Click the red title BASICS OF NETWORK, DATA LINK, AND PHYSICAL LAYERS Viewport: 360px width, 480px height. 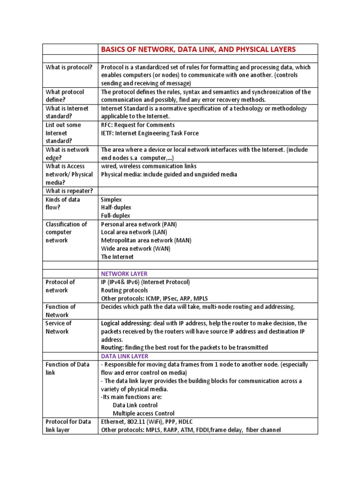click(x=198, y=49)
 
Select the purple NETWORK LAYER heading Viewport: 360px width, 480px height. click(x=124, y=274)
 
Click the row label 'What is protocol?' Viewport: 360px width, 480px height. click(x=67, y=67)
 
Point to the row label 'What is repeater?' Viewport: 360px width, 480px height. click(x=69, y=191)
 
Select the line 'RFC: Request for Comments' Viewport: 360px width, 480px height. click(x=138, y=125)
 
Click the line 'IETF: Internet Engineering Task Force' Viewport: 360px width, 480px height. click(x=150, y=133)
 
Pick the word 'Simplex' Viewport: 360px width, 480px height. click(x=111, y=200)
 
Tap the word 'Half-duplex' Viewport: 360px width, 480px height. click(x=116, y=208)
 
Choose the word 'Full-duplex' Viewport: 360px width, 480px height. click(x=116, y=216)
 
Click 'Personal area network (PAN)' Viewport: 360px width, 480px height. click(x=139, y=224)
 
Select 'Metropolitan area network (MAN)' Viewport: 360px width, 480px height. click(x=146, y=240)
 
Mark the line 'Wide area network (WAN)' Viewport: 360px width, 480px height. click(x=135, y=248)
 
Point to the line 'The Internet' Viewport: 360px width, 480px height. click(x=117, y=257)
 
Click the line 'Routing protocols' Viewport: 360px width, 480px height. click(x=124, y=290)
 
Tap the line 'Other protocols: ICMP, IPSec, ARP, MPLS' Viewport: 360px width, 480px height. click(x=154, y=299)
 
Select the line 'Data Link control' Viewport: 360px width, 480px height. click(x=135, y=405)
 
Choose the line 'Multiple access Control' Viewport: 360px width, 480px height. click(x=143, y=413)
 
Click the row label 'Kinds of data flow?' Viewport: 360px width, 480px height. click(x=63, y=203)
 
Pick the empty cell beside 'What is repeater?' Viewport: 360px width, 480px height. click(x=208, y=191)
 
